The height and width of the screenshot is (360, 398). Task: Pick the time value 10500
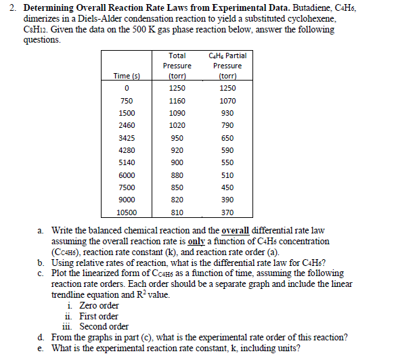(127, 212)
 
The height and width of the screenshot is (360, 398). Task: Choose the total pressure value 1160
(177, 99)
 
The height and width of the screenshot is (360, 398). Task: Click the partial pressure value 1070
(227, 99)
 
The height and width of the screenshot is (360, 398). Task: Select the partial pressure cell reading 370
(227, 212)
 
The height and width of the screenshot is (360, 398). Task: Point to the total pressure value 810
(177, 212)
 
